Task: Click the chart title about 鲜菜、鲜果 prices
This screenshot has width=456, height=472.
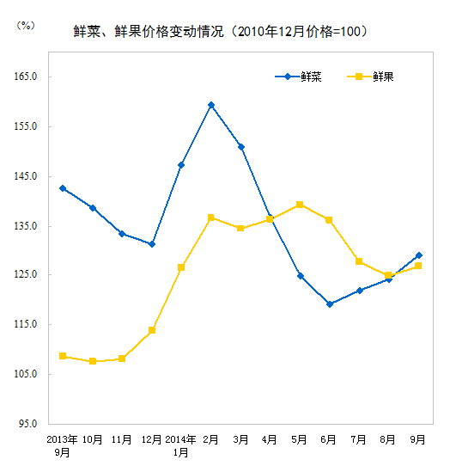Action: (x=222, y=32)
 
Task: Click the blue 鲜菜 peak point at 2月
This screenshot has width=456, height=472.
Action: (x=211, y=105)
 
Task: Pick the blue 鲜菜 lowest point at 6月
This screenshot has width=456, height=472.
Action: (x=330, y=304)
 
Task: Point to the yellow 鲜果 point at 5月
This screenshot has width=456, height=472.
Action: (x=300, y=205)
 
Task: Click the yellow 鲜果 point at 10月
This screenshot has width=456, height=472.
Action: (x=93, y=362)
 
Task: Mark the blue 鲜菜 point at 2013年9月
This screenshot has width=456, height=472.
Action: (x=63, y=188)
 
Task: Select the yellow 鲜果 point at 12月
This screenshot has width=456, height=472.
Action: (x=152, y=330)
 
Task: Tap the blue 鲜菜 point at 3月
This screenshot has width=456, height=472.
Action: (x=241, y=147)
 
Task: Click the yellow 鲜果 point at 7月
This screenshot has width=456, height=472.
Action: (x=359, y=261)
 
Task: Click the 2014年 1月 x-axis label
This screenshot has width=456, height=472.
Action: (x=181, y=444)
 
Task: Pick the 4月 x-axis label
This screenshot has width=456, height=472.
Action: (x=271, y=439)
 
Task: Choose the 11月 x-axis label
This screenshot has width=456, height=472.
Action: (x=122, y=439)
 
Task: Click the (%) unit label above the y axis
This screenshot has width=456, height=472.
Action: (x=26, y=26)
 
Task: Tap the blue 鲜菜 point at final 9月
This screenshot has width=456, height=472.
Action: (x=418, y=255)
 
